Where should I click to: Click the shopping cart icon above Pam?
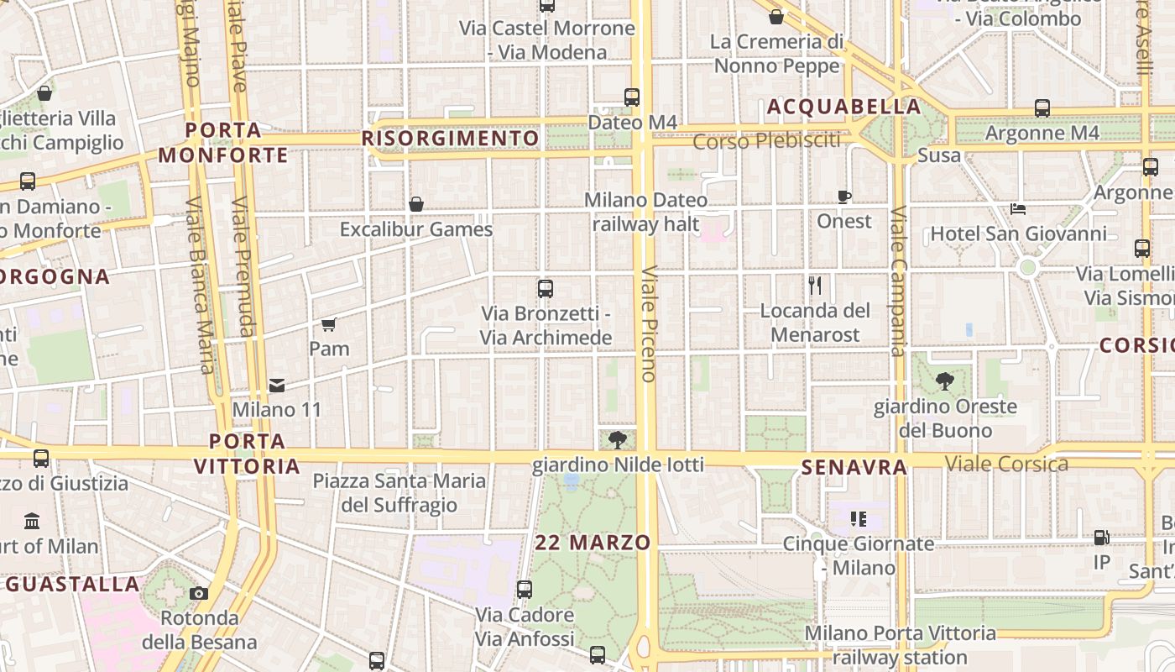328,324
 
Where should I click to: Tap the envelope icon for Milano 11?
276,386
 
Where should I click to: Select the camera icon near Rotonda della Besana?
199,594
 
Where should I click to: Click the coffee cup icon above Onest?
843,197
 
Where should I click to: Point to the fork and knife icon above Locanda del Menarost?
814,286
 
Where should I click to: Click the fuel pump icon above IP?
1101,538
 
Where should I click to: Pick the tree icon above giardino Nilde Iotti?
618,439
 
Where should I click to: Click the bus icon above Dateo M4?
632,97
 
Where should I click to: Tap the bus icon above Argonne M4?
1042,108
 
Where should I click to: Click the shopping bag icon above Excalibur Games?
415,204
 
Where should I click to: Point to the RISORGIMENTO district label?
451,138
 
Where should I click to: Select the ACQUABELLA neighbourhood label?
843,107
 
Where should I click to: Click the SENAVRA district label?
854,468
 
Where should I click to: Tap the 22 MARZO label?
593,543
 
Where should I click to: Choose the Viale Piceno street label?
648,324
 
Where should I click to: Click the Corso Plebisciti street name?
766,140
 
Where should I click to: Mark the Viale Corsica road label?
1006,464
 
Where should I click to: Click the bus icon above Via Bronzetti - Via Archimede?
545,289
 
